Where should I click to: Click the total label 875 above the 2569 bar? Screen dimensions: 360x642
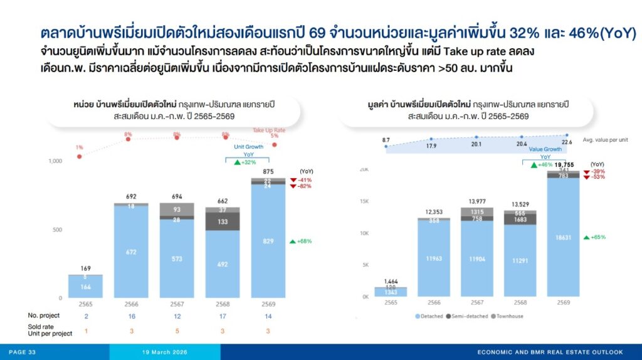pos(268,171)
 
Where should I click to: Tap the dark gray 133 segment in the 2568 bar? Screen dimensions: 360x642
pos(223,221)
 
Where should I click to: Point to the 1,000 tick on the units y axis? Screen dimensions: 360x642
pos(56,161)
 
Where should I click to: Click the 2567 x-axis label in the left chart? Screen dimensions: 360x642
pos(177,304)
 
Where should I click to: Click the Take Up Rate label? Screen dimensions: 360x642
pos(268,130)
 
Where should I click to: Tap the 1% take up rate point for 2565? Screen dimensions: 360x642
pos(80,156)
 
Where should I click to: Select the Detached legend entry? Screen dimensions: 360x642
pos(430,316)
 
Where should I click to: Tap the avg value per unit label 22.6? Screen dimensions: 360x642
pos(567,142)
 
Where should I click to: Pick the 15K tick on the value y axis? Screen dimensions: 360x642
pos(364,201)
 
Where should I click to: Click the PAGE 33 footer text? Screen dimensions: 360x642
pos(22,352)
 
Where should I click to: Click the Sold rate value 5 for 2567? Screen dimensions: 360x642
pos(177,330)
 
